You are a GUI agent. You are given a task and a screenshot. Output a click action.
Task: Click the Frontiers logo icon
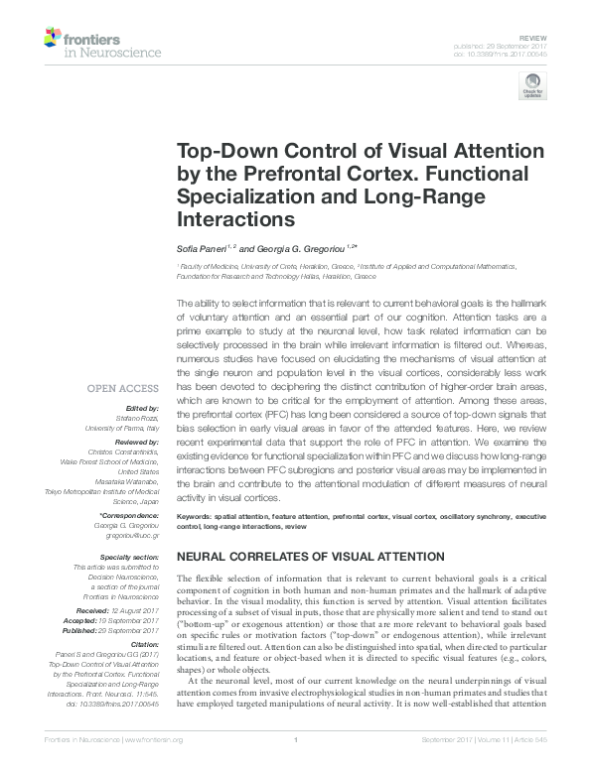point(53,38)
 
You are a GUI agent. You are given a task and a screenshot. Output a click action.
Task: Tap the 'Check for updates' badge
point(532,87)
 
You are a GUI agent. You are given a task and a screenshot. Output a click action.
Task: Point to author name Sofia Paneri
point(202,249)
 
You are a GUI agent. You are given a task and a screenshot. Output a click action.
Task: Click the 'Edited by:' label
point(141,408)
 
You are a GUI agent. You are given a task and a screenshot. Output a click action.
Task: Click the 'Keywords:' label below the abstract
point(196,517)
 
